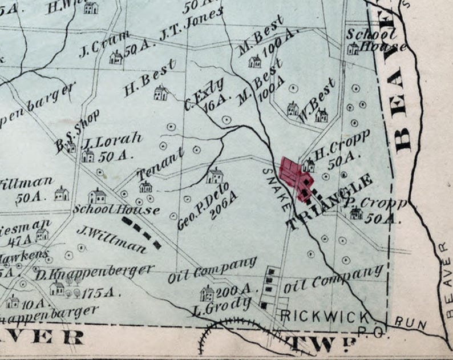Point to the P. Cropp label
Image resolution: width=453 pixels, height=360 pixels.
375,204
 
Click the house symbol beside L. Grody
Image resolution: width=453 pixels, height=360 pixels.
207,293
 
